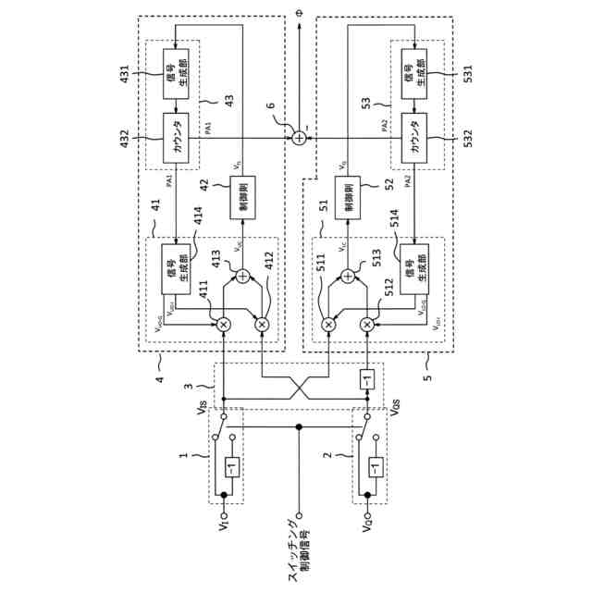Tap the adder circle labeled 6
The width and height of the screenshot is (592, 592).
point(299,138)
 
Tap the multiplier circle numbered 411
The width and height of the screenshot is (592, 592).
point(222,324)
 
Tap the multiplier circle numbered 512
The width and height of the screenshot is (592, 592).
point(367,324)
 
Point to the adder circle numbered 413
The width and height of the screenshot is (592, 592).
point(243,276)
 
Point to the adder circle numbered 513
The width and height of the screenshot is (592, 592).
point(348,276)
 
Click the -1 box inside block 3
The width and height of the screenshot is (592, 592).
point(367,379)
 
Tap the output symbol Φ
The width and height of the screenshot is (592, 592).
point(299,15)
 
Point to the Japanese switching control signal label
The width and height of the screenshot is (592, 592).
point(299,555)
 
